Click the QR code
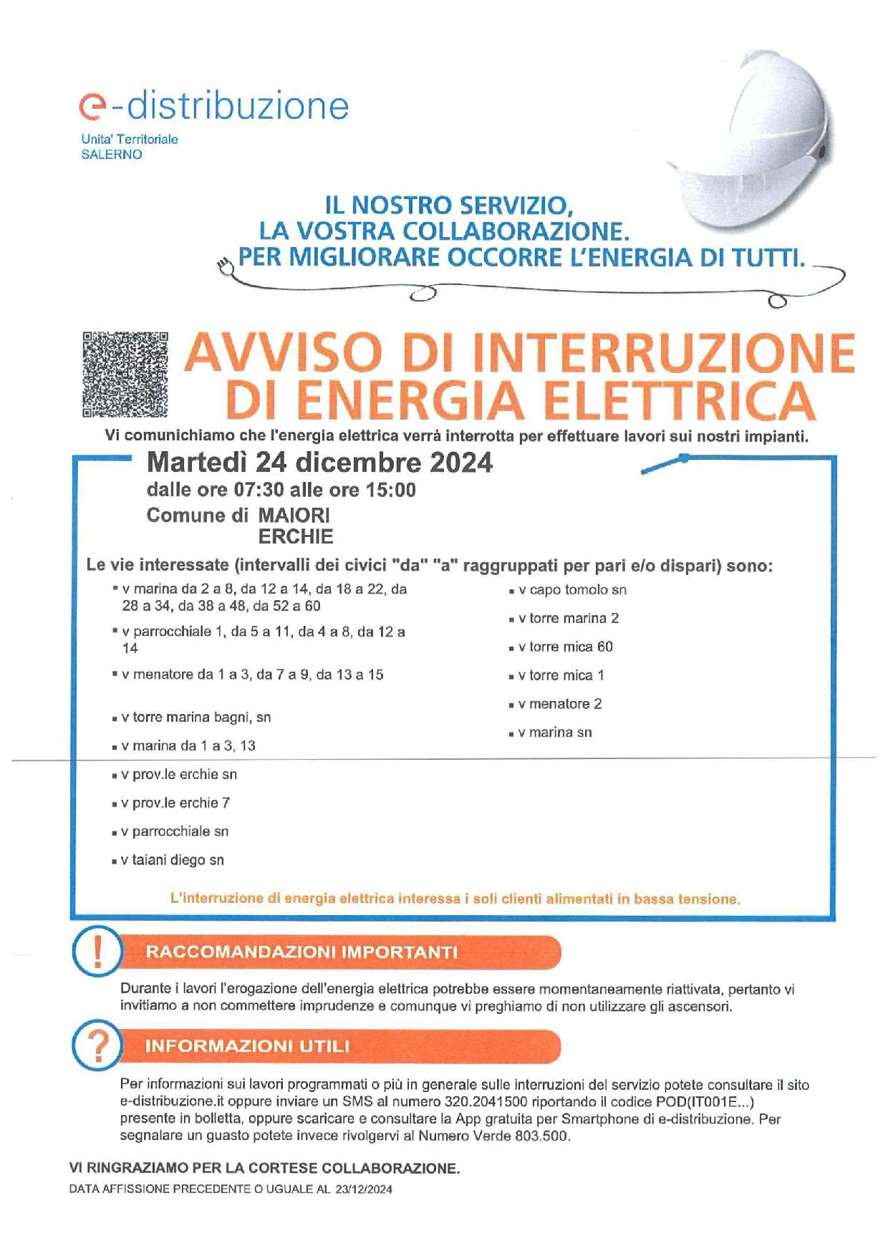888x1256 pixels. (125, 375)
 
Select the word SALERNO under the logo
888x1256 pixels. (112, 155)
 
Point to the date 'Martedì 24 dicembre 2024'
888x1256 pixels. (319, 463)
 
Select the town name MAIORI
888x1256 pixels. (294, 516)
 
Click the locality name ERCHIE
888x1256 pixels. (296, 536)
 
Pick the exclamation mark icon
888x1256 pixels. (98, 952)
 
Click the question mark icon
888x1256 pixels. (98, 1046)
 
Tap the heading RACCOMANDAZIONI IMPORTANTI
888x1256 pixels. (301, 952)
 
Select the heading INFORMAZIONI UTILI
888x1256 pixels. (247, 1046)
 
